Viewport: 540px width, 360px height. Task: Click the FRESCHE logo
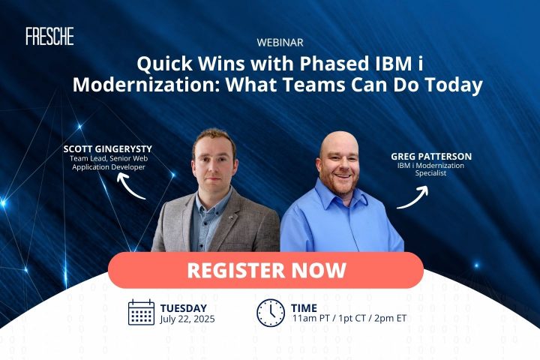pyautogui.click(x=49, y=36)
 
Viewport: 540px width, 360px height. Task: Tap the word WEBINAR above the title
pyautogui.click(x=280, y=43)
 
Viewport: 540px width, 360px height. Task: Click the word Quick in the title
pyautogui.click(x=164, y=64)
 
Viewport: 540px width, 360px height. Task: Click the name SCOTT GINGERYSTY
pyautogui.click(x=108, y=149)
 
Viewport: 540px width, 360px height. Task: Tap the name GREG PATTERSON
pyautogui.click(x=431, y=157)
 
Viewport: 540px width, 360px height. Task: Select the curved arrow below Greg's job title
pyautogui.click(x=413, y=197)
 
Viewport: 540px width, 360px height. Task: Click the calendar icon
pyautogui.click(x=141, y=312)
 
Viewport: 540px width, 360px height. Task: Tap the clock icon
pyautogui.click(x=271, y=313)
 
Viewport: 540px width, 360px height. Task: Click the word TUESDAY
pyautogui.click(x=184, y=308)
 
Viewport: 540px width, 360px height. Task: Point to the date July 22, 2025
pyautogui.click(x=187, y=319)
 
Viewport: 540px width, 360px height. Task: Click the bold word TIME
pyautogui.click(x=304, y=308)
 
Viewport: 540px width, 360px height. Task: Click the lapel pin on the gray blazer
pyautogui.click(x=232, y=217)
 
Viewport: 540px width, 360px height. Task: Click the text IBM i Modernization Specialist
pyautogui.click(x=430, y=169)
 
